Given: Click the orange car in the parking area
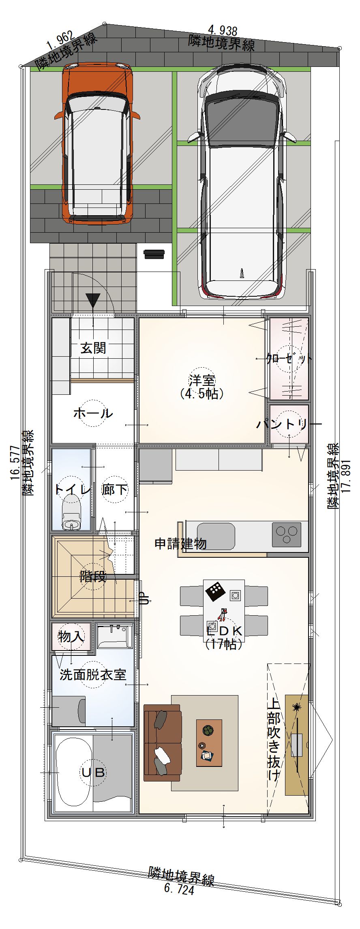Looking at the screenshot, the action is (x=97, y=144).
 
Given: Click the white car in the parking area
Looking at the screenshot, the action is (x=242, y=182).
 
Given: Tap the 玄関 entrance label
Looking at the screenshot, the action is (x=93, y=348).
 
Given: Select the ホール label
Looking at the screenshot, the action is (x=93, y=413).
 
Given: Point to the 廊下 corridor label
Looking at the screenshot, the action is (x=115, y=490).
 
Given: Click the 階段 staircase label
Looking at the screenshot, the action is (x=93, y=576).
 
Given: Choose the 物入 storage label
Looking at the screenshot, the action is (x=71, y=636).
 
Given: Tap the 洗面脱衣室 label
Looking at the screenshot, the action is (x=93, y=675).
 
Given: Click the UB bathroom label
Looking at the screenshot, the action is (x=94, y=773).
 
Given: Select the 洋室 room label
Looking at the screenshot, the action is (x=201, y=381).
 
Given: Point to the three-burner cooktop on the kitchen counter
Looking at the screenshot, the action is (x=287, y=535).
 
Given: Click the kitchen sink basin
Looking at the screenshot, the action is (x=216, y=536).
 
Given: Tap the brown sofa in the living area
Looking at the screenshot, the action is (x=163, y=742).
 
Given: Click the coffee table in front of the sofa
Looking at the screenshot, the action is (x=209, y=743).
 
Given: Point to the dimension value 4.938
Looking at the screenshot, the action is (x=223, y=30).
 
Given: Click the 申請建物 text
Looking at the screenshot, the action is (x=181, y=544).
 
